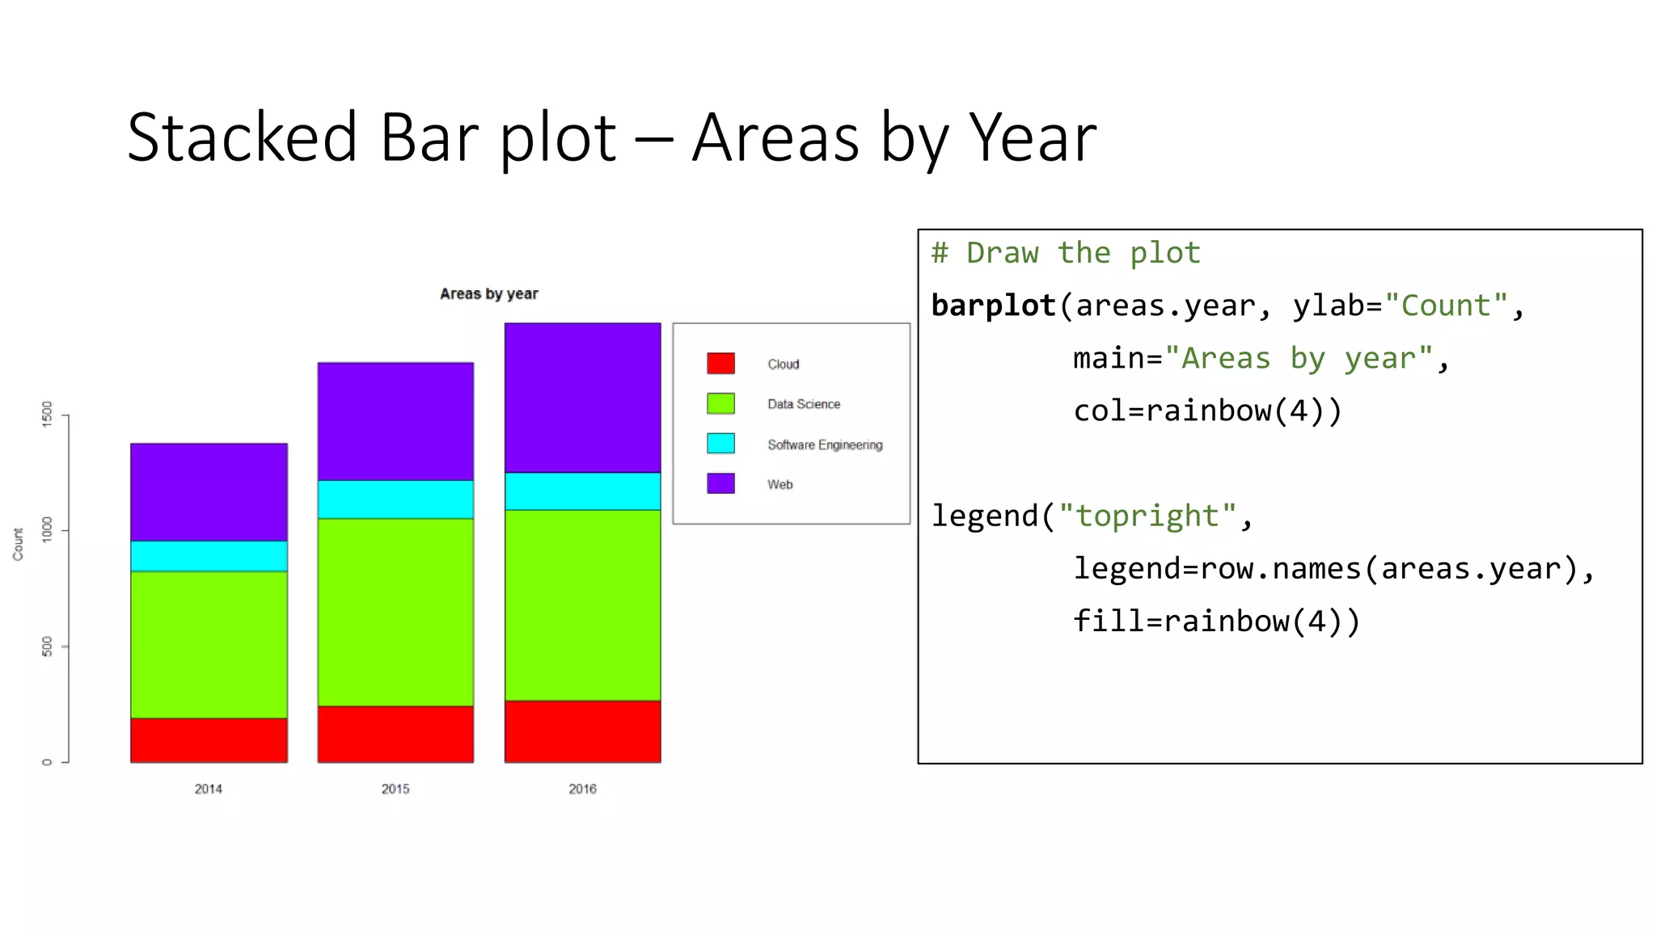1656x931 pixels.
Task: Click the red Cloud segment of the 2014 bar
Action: [x=209, y=739]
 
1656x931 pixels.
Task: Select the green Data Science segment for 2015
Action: [x=395, y=612]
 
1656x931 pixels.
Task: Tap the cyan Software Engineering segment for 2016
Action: [x=582, y=491]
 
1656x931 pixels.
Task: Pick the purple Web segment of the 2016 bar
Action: [x=582, y=398]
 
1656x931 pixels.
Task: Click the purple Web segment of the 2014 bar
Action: [x=209, y=491]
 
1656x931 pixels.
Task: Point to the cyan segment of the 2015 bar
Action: [x=395, y=499]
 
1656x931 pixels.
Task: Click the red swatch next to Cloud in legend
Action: [x=720, y=363]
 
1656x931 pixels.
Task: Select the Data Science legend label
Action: [x=803, y=404]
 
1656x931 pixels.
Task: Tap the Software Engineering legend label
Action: [x=824, y=444]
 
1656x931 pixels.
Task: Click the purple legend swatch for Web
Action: [x=720, y=483]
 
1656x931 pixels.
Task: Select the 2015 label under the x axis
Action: [x=395, y=789]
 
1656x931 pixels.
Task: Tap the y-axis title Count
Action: [x=18, y=544]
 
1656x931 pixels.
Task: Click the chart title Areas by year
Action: [x=488, y=294]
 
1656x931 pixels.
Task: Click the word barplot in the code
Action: [x=993, y=305]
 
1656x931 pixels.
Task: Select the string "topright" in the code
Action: [x=1147, y=516]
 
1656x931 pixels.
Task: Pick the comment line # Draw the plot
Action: [x=1065, y=253]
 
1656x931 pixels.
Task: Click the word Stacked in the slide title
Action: [x=242, y=138]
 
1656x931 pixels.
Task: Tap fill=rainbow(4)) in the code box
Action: [x=1216, y=621]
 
